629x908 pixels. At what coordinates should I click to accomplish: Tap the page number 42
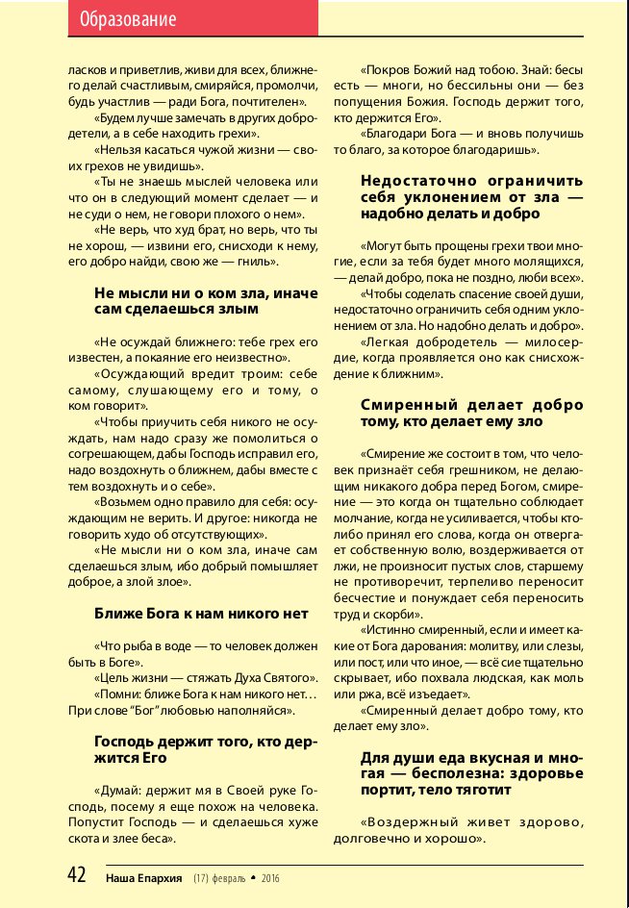[x=77, y=875]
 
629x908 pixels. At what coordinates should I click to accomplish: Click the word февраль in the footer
[x=228, y=877]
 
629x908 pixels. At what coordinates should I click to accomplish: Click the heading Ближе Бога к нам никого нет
[x=201, y=613]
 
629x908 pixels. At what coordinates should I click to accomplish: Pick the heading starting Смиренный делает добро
[x=471, y=414]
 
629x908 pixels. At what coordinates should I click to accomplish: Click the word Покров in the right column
[x=385, y=71]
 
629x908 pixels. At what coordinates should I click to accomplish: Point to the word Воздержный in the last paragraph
[x=402, y=822]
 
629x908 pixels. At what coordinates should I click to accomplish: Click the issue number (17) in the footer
[x=201, y=877]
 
